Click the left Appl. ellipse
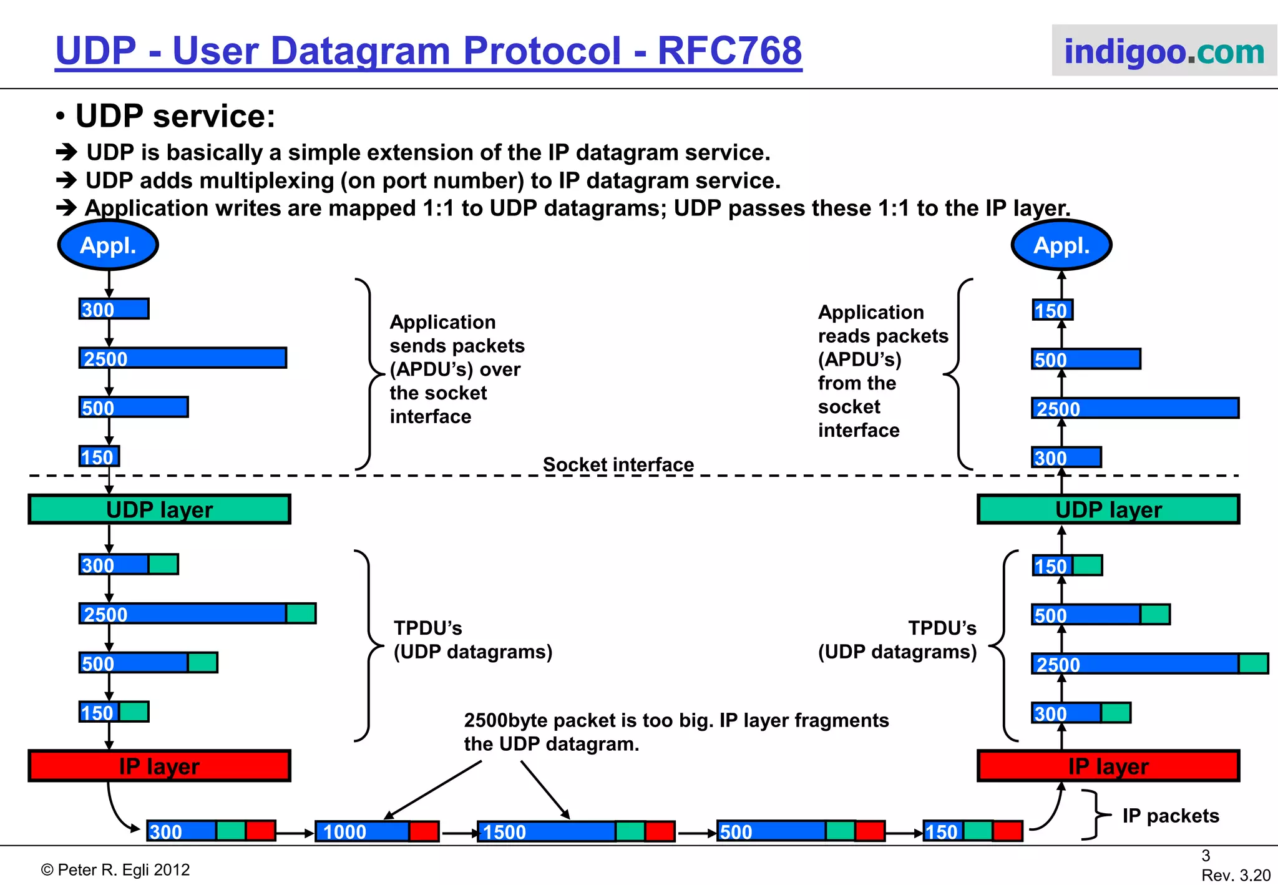click(108, 245)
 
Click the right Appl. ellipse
click(1061, 245)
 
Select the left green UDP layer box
click(159, 509)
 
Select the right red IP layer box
click(1108, 766)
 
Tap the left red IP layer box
click(159, 766)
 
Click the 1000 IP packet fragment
click(377, 831)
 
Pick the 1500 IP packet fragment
click(575, 831)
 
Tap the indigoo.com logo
click(1164, 51)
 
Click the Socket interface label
click(618, 464)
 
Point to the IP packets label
click(1170, 816)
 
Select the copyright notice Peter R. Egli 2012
click(115, 869)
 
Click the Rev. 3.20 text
click(1236, 875)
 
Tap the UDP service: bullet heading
click(175, 116)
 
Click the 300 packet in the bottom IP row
click(211, 831)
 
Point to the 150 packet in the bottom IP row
click(972, 831)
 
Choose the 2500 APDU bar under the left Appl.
click(182, 358)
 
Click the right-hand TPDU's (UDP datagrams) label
click(897, 640)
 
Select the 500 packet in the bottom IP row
click(801, 831)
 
